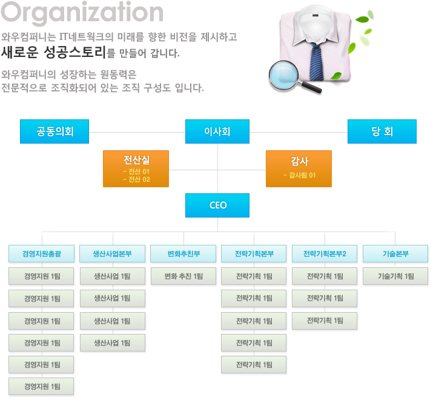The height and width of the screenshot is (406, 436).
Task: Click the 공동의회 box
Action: (54, 131)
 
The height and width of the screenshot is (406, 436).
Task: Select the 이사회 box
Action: (217, 131)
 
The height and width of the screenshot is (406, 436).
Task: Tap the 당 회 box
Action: (381, 131)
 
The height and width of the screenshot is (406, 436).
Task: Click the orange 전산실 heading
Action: (136, 161)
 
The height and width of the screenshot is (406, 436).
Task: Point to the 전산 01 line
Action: (136, 172)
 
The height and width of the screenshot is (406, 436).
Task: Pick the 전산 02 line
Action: (136, 179)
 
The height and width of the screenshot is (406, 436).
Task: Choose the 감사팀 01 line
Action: (299, 175)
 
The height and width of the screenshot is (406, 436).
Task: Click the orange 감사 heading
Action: (299, 161)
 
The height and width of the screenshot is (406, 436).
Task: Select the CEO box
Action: (217, 205)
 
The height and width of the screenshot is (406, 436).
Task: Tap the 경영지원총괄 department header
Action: (41, 254)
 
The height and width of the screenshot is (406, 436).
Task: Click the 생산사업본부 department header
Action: (112, 254)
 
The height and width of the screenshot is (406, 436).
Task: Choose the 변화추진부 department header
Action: (183, 254)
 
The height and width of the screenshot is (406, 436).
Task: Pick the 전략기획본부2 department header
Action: (325, 254)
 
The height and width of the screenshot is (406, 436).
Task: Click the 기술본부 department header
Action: (395, 254)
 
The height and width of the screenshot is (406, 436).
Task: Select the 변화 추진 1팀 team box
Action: (183, 276)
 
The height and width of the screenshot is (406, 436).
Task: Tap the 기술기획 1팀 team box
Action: (395, 276)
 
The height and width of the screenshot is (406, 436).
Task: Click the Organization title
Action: (83, 13)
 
